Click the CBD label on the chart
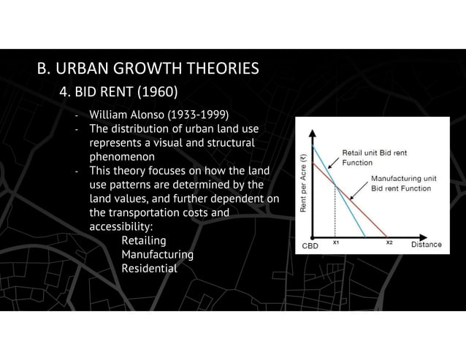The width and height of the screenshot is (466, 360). click(311, 245)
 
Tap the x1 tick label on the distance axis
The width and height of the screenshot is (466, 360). click(335, 242)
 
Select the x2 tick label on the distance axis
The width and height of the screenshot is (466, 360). click(389, 242)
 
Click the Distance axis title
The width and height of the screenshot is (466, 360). click(426, 245)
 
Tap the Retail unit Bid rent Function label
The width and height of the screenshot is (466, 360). click(374, 157)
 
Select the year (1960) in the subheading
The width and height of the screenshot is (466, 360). click(153, 93)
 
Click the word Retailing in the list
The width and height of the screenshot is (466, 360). click(143, 240)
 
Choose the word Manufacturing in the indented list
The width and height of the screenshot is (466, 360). click(157, 254)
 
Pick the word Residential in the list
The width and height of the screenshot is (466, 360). click(149, 268)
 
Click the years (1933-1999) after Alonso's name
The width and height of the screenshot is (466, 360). click(196, 115)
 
